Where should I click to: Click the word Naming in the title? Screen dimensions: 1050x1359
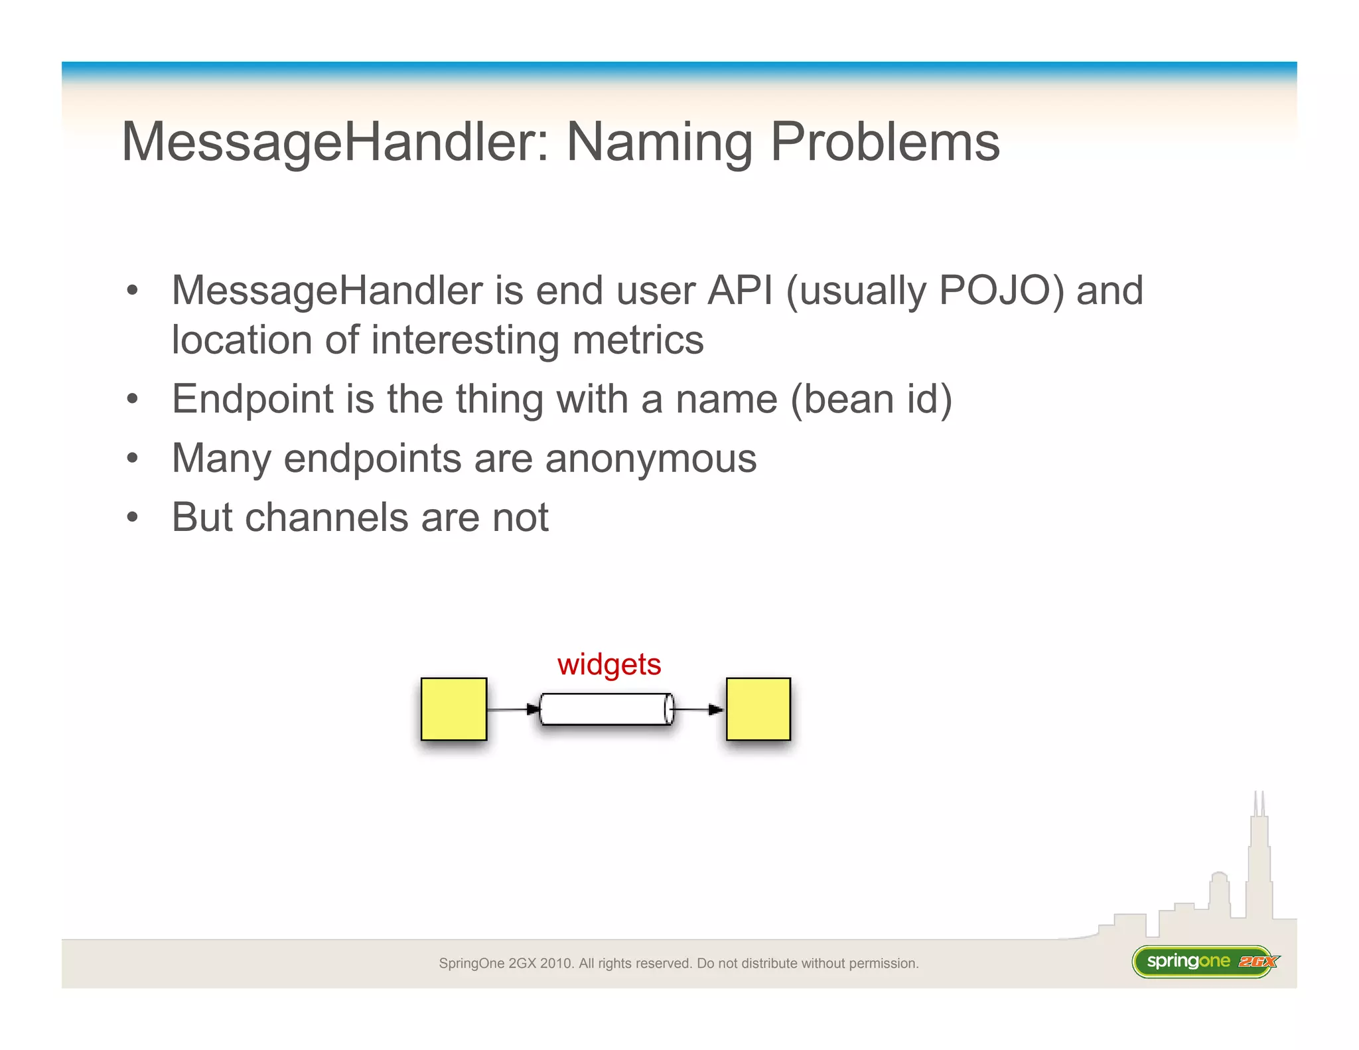pos(659,142)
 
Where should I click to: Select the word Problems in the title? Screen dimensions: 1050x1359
pos(885,142)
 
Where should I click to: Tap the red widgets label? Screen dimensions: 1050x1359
pos(608,664)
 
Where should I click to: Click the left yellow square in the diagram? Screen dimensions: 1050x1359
pos(454,709)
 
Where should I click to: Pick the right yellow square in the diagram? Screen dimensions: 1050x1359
pos(758,709)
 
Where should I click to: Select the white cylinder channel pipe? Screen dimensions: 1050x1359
pos(606,709)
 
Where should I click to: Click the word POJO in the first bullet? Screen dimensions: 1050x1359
pos(1001,291)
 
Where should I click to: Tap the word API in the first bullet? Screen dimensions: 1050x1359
pos(740,291)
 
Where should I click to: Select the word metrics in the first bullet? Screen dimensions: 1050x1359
pos(637,340)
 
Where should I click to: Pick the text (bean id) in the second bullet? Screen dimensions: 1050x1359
pos(871,400)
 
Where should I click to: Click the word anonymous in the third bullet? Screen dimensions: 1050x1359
pos(650,459)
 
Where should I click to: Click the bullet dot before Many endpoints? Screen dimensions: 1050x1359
pos(133,458)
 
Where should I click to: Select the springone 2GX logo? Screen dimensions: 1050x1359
pos(1204,961)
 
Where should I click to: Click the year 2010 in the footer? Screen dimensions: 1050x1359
pos(556,963)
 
